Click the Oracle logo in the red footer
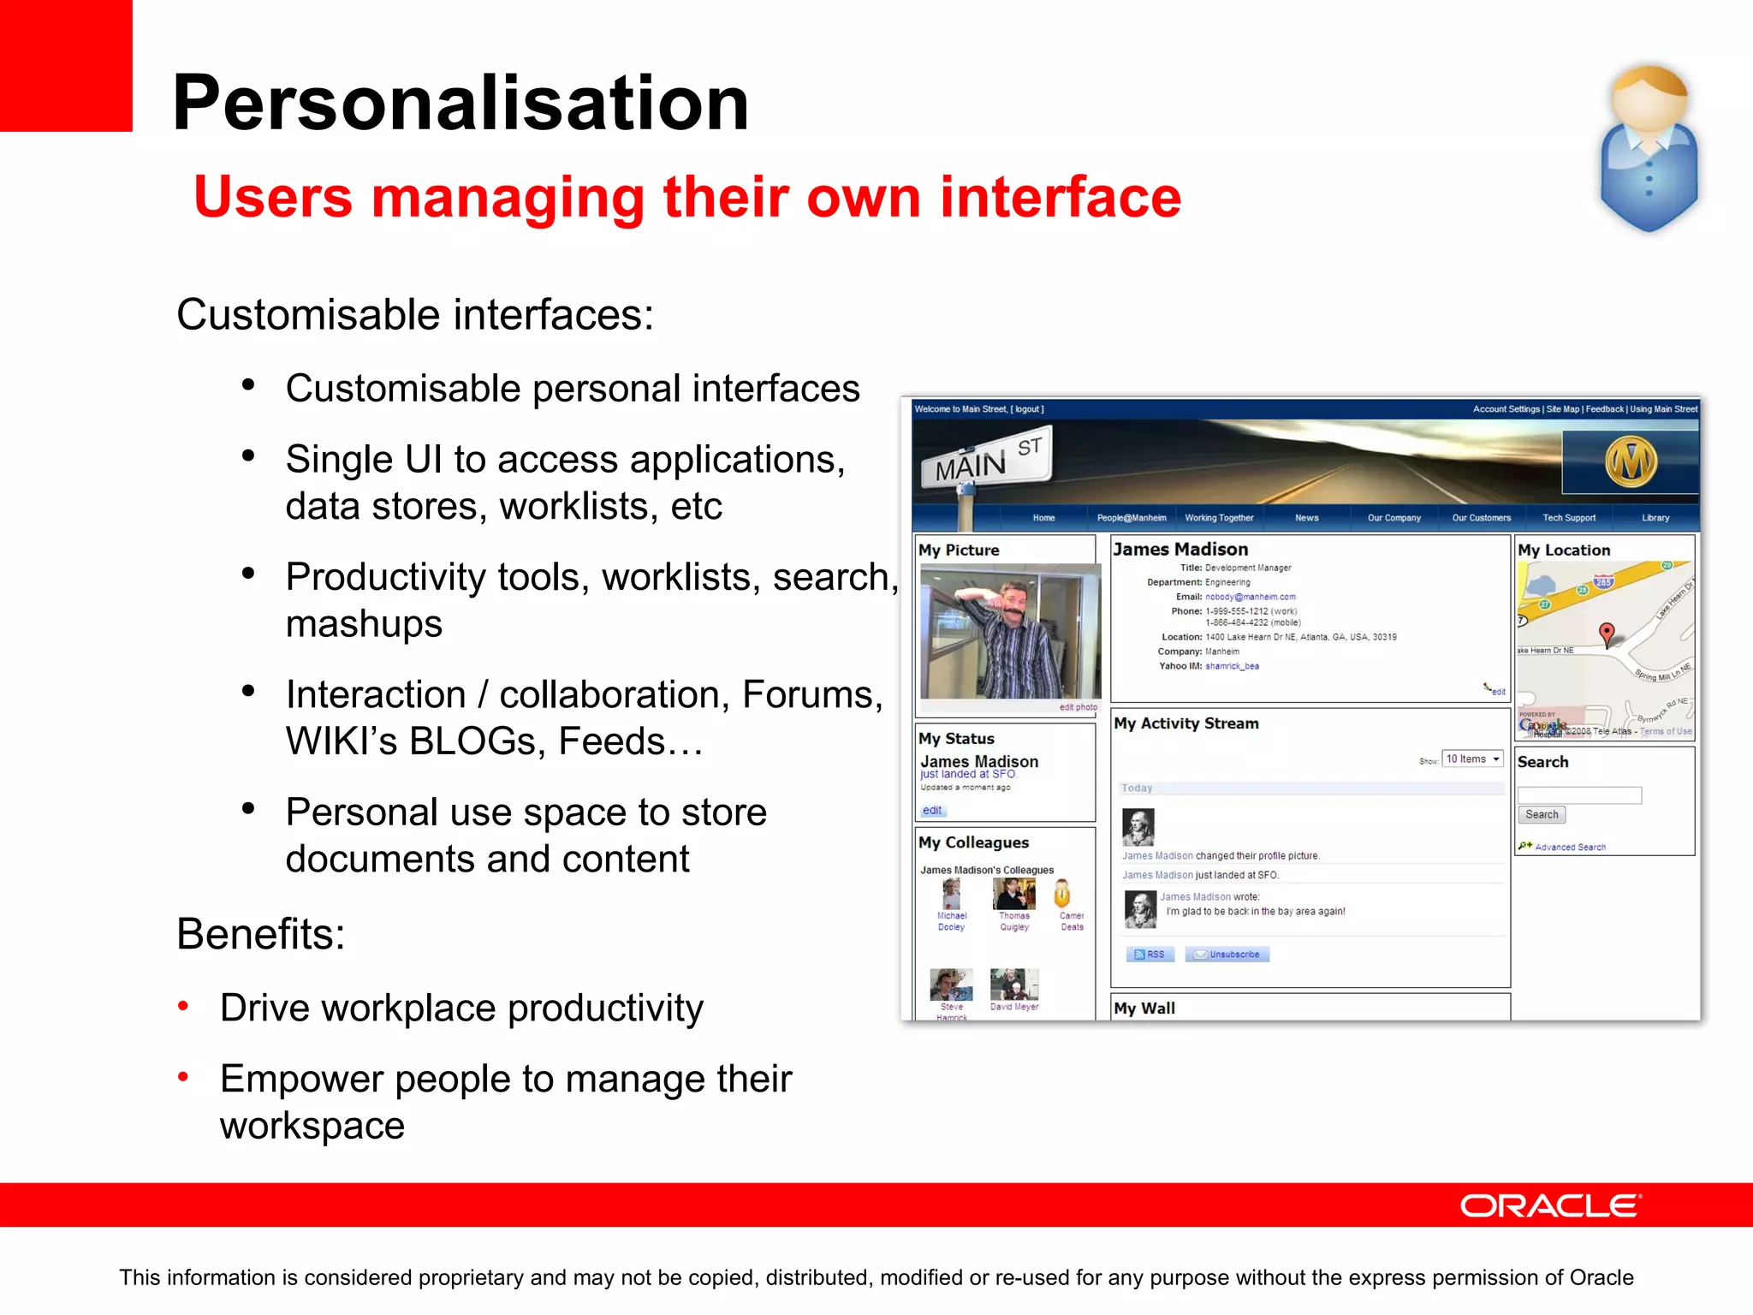point(1549,1205)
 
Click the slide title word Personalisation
point(461,103)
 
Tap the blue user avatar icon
point(1649,149)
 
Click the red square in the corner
point(65,64)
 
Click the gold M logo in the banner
point(1630,462)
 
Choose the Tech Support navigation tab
point(1569,518)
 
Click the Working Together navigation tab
point(1219,518)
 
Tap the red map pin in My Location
point(1607,634)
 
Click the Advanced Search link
point(1570,848)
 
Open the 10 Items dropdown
point(1472,759)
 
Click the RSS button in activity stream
point(1150,955)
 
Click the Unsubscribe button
point(1227,955)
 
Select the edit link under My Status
point(932,811)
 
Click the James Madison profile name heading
point(1180,550)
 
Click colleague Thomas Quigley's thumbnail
point(1013,895)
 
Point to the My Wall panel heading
point(1144,1009)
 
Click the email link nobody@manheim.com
point(1250,597)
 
